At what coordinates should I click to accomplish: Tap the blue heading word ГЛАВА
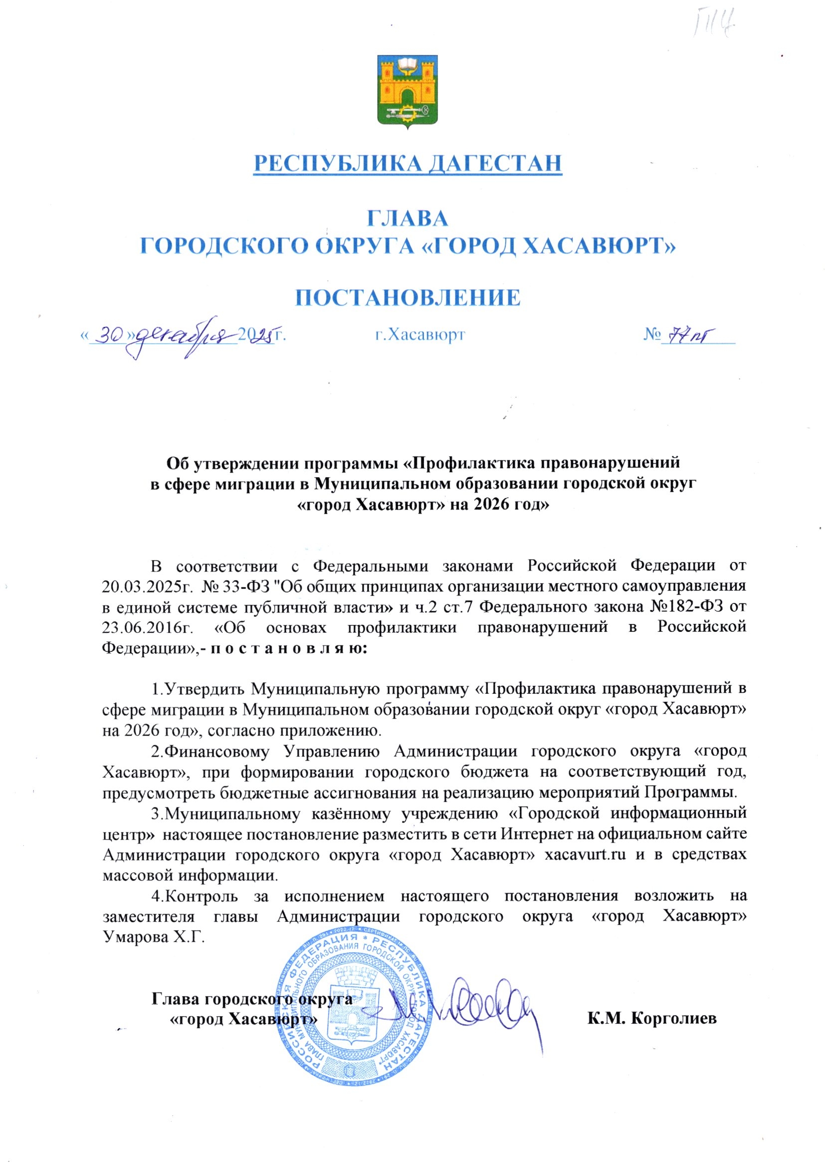tap(408, 218)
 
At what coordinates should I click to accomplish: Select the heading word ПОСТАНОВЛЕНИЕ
tap(408, 298)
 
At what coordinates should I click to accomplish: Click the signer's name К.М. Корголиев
tap(652, 1019)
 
